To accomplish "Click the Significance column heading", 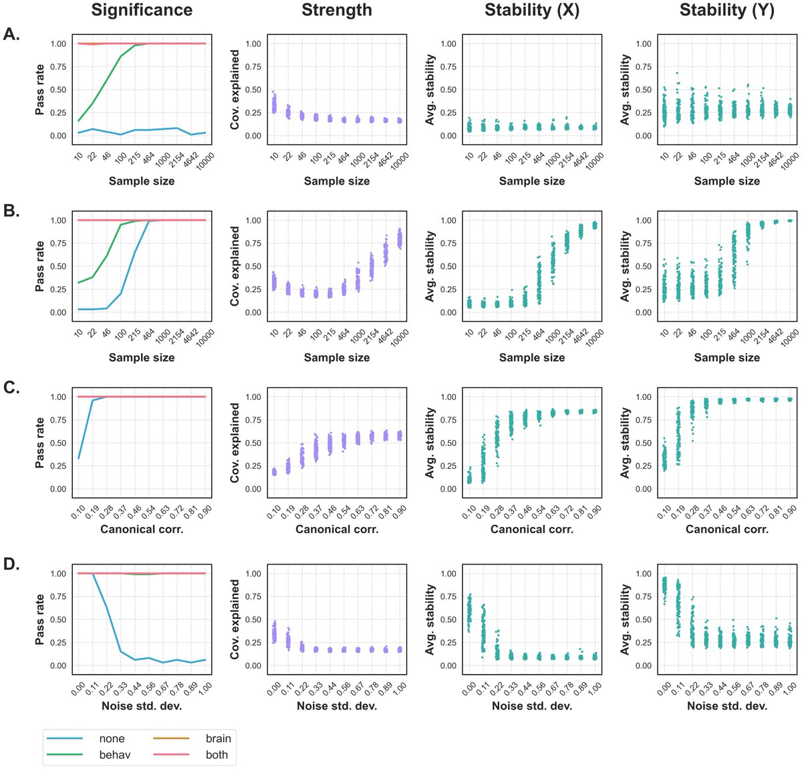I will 142,11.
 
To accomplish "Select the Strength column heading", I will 337,11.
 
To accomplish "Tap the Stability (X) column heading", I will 532,11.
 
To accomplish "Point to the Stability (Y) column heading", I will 727,11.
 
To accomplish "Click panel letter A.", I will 12,35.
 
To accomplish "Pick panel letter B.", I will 12,211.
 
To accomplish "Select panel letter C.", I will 12,388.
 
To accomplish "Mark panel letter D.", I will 12,564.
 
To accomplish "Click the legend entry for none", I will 112,739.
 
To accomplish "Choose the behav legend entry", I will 115,755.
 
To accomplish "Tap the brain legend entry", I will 219,739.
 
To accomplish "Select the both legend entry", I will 217,755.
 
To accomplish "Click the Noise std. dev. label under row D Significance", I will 142,706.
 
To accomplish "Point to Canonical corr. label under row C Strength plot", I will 337,530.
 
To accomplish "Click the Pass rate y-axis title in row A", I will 40,90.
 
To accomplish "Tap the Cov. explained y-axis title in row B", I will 235,266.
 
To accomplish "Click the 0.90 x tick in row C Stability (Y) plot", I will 789,514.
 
